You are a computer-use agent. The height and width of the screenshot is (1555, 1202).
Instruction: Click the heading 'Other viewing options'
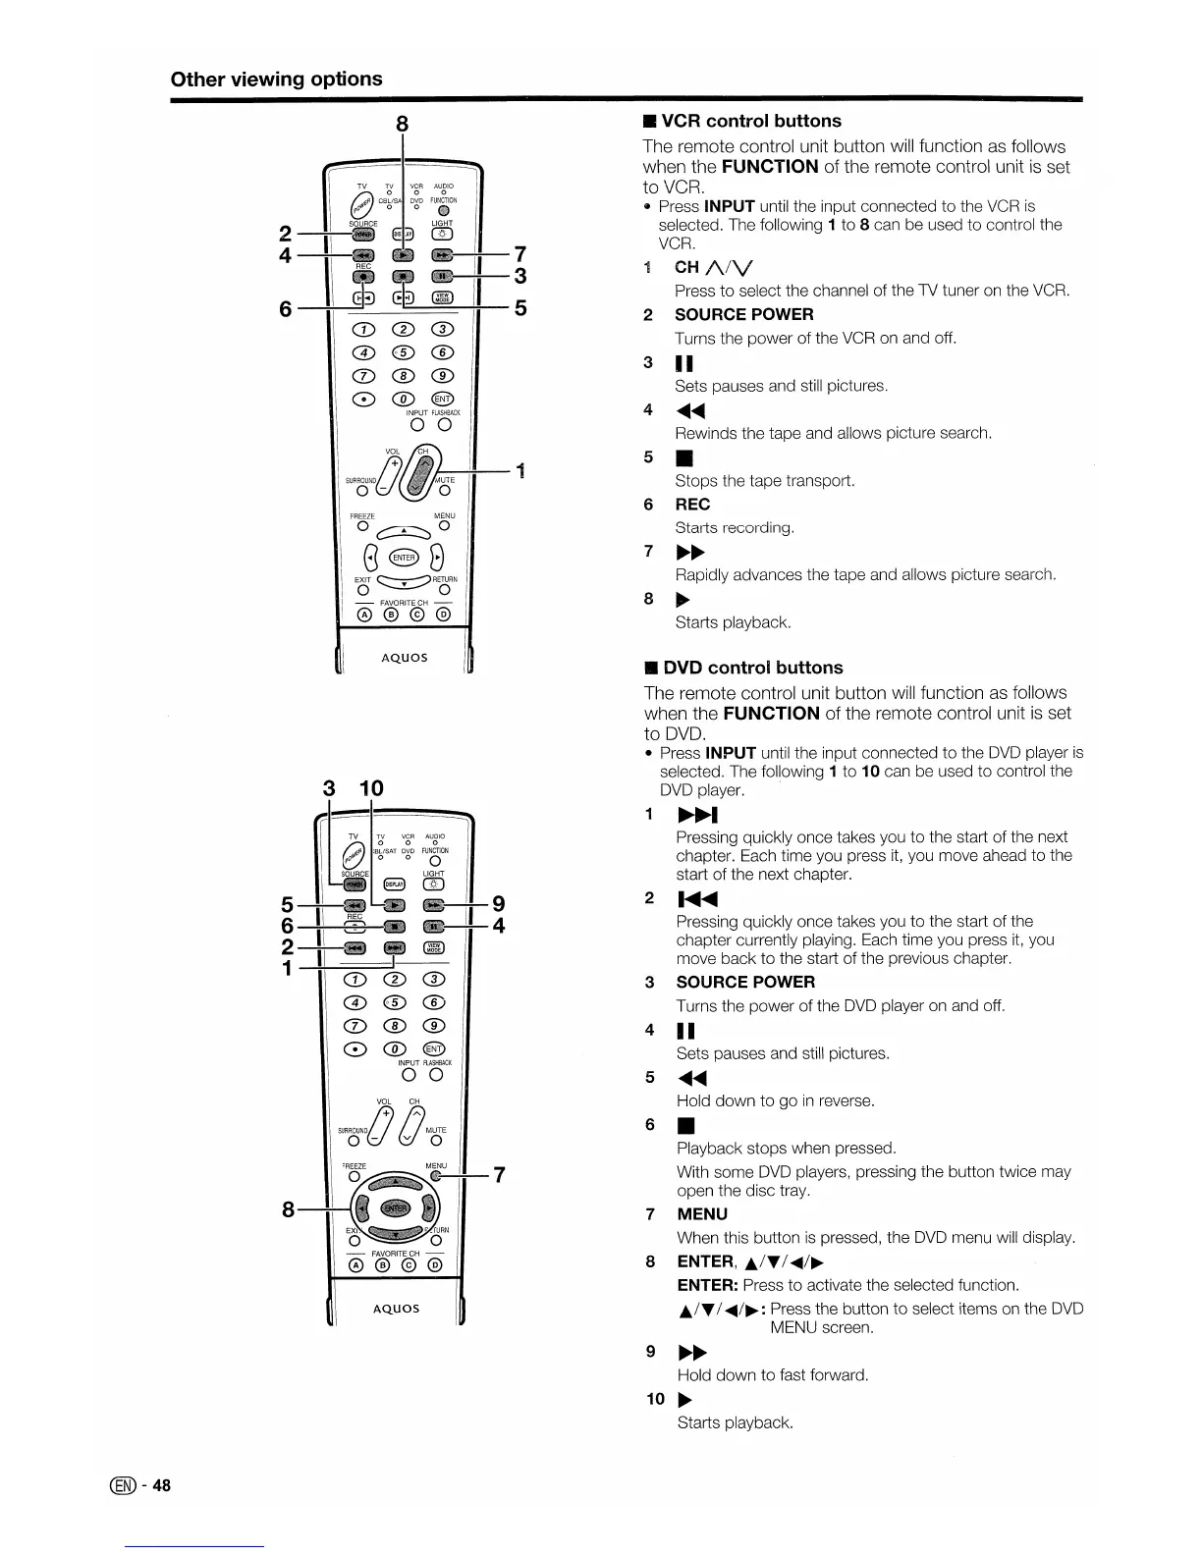(276, 79)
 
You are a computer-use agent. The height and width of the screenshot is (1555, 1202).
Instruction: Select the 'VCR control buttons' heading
(751, 121)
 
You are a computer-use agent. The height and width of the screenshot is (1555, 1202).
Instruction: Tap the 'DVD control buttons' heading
(752, 668)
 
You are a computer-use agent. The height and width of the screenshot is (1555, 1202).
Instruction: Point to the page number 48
(162, 1484)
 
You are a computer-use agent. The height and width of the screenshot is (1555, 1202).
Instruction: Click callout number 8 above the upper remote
(402, 125)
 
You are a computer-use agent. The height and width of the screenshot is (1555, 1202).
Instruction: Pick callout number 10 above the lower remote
(371, 787)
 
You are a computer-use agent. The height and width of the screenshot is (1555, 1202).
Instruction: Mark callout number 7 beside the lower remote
(499, 1174)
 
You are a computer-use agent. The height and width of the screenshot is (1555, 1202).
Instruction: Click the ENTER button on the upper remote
(404, 558)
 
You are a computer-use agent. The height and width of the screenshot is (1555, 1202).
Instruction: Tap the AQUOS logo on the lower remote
(396, 1308)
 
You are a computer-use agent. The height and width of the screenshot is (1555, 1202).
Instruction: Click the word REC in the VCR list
(691, 504)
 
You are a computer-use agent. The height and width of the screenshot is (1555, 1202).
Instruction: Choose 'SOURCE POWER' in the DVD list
(745, 982)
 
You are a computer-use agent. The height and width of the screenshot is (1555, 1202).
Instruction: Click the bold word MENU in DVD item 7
(702, 1213)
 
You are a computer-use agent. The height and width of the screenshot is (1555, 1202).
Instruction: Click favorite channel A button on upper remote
(365, 616)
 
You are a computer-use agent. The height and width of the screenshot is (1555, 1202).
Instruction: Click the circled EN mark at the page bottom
(129, 1484)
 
